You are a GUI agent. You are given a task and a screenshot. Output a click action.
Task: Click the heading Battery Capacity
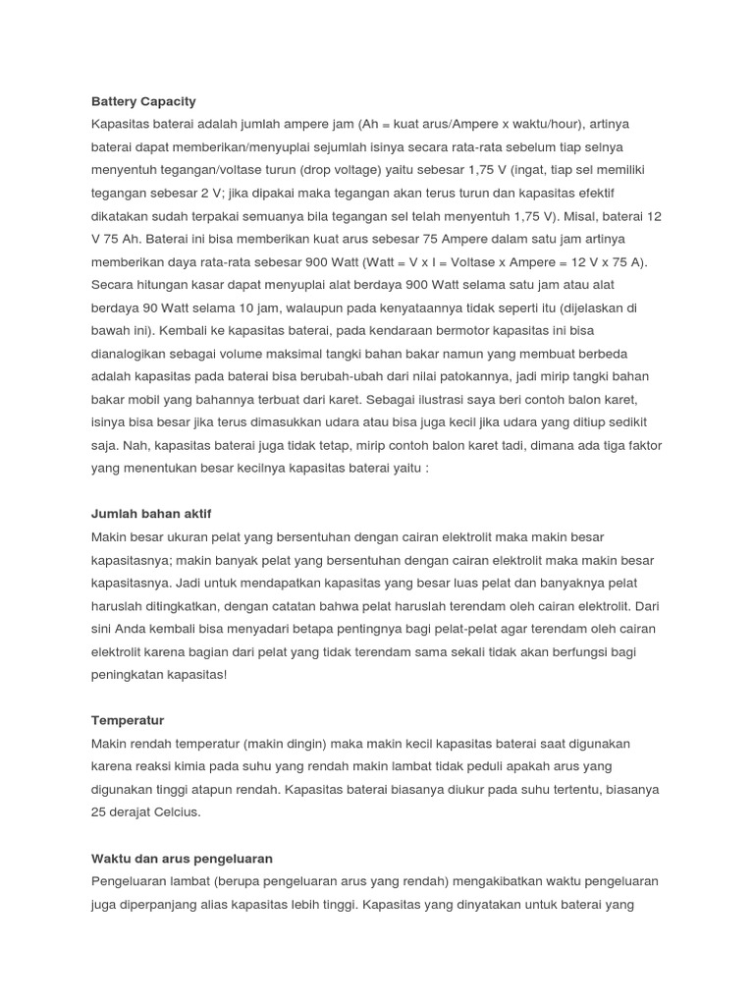[x=143, y=101]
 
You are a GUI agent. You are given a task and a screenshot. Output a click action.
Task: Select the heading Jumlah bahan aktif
[x=150, y=514]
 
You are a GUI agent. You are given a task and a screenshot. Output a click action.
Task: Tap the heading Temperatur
[x=128, y=720]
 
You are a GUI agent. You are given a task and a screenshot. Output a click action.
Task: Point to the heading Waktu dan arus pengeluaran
[x=182, y=858]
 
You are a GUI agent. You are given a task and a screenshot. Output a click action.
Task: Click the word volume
[x=245, y=354]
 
